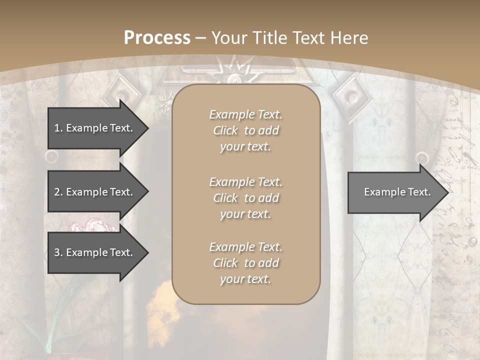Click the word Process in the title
tap(157, 38)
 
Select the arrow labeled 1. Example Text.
tap(95, 128)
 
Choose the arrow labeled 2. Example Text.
tap(95, 192)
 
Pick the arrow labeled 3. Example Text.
tap(95, 252)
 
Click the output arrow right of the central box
tap(395, 192)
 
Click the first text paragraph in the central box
tap(245, 130)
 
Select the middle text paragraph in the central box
tap(245, 198)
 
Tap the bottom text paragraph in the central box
tap(245, 263)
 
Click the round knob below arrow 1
tap(51, 157)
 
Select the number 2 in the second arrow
tap(57, 192)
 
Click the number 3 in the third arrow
tap(57, 252)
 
